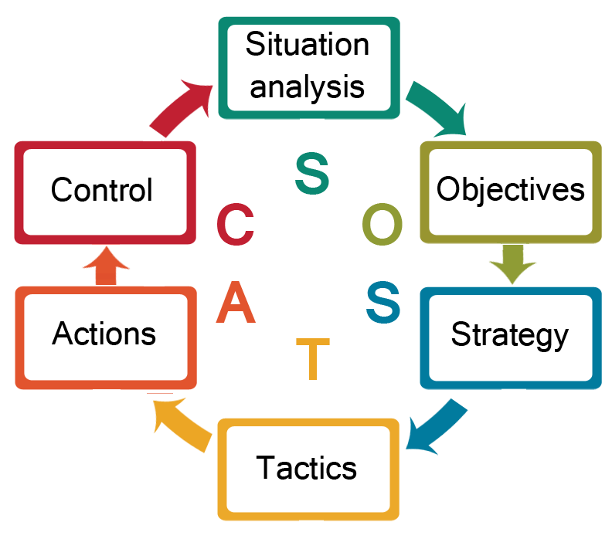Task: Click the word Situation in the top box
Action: [x=308, y=45]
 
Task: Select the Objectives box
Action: [x=511, y=189]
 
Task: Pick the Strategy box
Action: [x=510, y=336]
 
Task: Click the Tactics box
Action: [x=307, y=468]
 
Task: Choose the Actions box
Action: [x=104, y=334]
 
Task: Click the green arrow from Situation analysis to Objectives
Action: [x=435, y=108]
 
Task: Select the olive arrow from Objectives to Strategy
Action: [x=512, y=264]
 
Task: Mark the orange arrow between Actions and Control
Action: [x=106, y=265]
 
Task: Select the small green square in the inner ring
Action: [x=312, y=173]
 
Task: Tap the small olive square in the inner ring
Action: [x=382, y=224]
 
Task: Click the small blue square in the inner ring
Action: [x=382, y=303]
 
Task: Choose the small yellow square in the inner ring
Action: [x=313, y=359]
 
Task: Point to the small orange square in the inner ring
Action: [x=236, y=302]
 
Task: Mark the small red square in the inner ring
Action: [x=236, y=224]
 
